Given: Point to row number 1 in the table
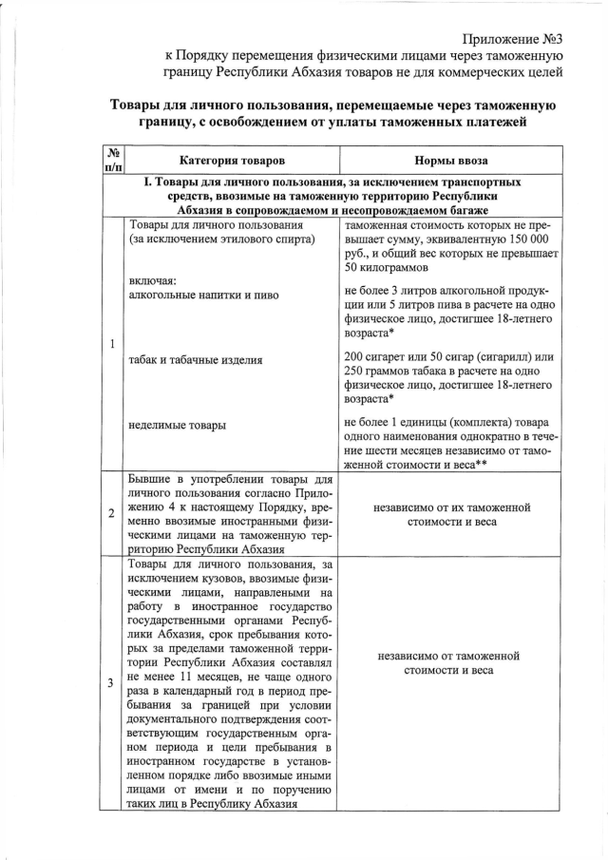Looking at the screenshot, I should pos(113,343).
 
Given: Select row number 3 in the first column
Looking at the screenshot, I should pos(113,682).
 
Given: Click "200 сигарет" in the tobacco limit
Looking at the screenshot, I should pos(379,354).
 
